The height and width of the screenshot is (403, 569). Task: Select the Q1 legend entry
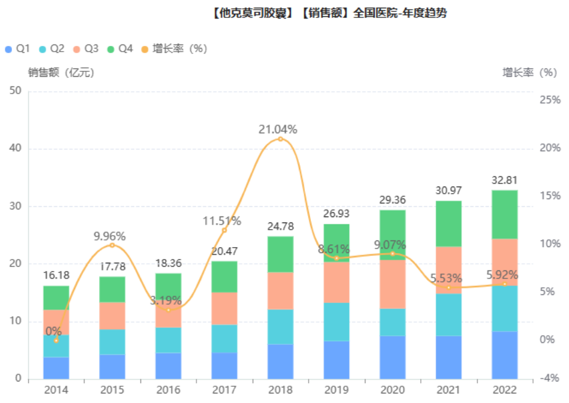(17, 49)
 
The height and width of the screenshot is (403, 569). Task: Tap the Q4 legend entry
(119, 49)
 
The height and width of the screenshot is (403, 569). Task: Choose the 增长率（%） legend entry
(174, 49)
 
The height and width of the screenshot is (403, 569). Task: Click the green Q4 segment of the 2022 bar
(504, 214)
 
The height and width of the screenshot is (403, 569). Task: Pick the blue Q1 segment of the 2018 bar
(280, 361)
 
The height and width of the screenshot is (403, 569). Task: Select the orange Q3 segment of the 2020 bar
(393, 284)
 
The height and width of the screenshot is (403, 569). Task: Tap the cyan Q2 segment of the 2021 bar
(448, 314)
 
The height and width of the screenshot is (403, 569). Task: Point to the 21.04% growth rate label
(278, 130)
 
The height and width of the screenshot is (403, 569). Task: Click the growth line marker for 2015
(112, 245)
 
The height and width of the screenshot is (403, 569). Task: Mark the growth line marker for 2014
(56, 340)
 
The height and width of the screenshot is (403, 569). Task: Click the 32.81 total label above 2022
(504, 181)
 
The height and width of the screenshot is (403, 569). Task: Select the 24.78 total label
(280, 227)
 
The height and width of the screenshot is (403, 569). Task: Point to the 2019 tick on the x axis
(336, 390)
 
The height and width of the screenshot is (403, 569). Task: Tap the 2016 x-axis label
(168, 390)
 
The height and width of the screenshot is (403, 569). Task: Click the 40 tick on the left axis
(16, 149)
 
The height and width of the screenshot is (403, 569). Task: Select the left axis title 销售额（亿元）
(61, 73)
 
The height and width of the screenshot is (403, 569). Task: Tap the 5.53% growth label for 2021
(445, 278)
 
